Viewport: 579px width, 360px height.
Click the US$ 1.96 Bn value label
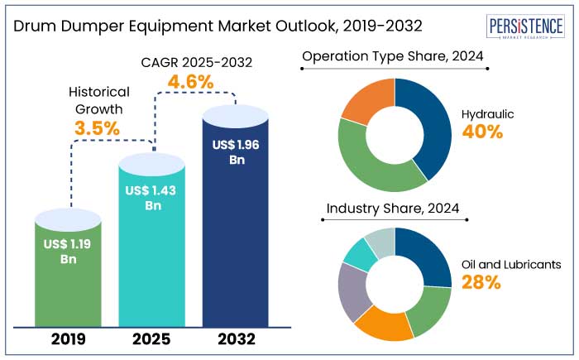[236, 151]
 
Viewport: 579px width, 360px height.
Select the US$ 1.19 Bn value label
[69, 250]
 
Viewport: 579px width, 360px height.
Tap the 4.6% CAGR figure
[190, 82]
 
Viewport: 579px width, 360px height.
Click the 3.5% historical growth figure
[97, 128]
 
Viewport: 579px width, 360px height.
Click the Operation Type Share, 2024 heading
[393, 56]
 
